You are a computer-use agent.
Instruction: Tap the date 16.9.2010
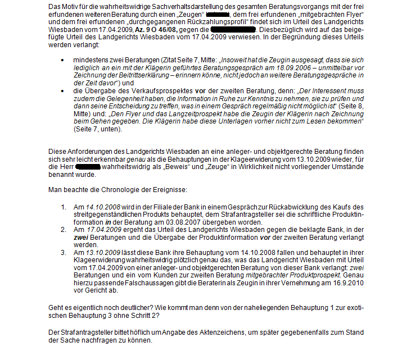click(347, 282)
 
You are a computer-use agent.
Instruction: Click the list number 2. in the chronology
click(64, 230)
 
